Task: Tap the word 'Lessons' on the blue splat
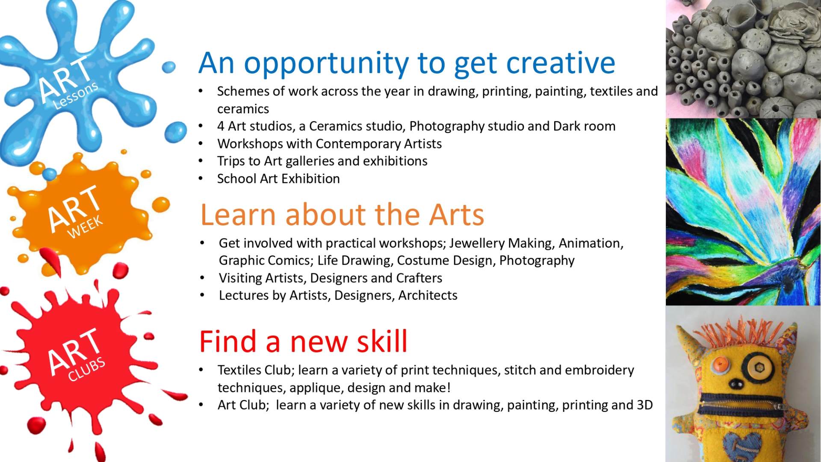76,95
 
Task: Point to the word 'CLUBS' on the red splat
87,369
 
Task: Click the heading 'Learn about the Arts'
342,214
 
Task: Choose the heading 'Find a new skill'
304,341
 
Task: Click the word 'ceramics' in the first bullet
243,109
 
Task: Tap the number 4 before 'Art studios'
221,126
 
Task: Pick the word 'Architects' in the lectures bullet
428,295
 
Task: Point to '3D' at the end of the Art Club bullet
644,405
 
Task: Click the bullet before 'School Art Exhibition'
201,179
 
